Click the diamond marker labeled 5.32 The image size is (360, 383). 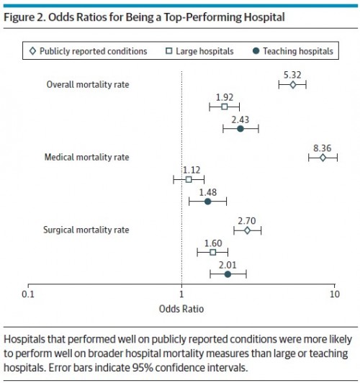(x=293, y=85)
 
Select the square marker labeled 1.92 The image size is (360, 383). (x=225, y=107)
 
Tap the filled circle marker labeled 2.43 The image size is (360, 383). (x=240, y=129)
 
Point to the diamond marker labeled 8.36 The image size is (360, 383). (x=323, y=158)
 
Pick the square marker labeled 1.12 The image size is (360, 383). (x=189, y=179)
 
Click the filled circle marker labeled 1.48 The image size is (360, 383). (x=207, y=202)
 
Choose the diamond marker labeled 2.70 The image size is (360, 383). (x=247, y=230)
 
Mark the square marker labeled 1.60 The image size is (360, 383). (x=212, y=252)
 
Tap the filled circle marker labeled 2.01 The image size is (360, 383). (x=228, y=274)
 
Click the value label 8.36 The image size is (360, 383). (x=322, y=148)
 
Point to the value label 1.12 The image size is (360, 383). (x=192, y=170)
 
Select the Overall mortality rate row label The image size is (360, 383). (x=88, y=85)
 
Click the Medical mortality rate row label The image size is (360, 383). (x=86, y=157)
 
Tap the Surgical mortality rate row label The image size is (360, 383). (x=86, y=230)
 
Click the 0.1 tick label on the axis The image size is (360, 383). (x=28, y=294)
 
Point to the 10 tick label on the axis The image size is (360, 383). (x=335, y=294)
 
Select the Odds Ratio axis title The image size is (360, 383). (x=181, y=309)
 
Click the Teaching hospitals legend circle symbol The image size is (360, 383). (x=256, y=51)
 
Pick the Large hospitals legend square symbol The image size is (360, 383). (x=168, y=51)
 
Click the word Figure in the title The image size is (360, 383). (x=19, y=17)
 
